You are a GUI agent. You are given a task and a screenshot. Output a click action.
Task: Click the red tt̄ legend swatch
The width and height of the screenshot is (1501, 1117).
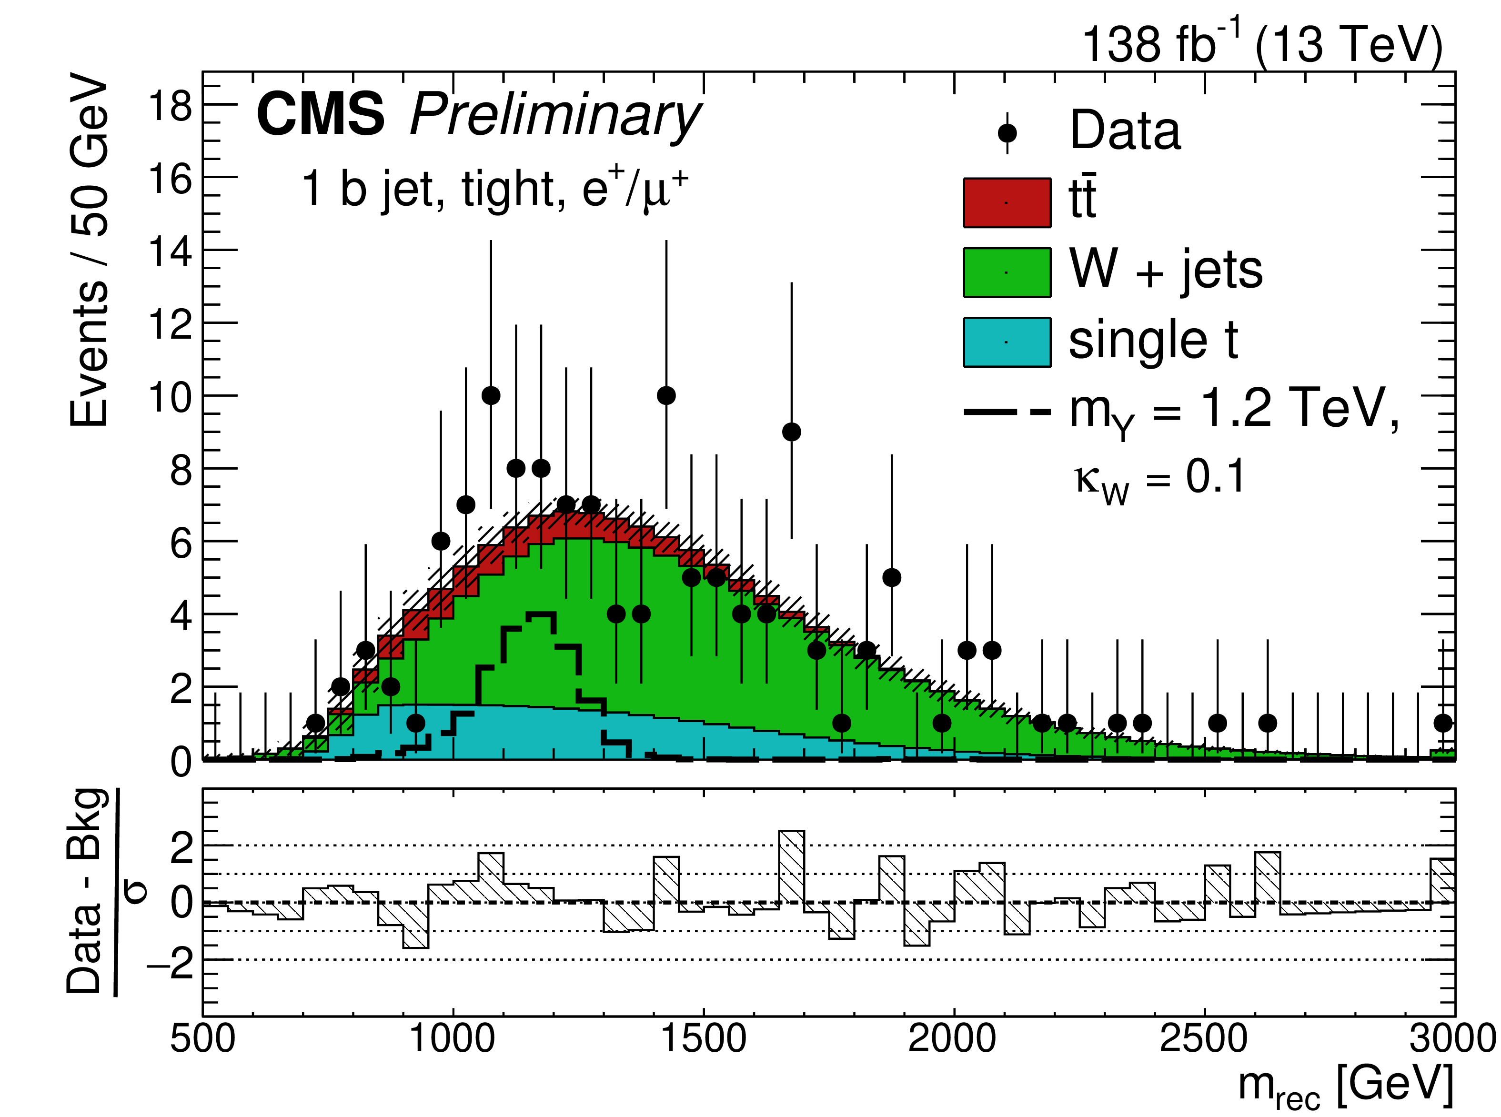(x=1007, y=203)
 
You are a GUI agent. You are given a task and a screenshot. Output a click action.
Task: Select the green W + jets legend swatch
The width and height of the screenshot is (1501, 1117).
(x=1007, y=272)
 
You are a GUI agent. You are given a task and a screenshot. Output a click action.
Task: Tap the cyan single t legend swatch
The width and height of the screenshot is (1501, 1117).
(x=1007, y=342)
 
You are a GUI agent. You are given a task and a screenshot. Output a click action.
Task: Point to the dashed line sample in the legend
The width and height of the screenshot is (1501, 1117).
(x=1007, y=411)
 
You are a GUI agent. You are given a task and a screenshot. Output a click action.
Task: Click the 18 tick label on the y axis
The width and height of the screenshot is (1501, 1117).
(x=171, y=106)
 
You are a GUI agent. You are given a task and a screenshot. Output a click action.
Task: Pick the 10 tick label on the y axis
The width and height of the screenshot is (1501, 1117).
(x=171, y=397)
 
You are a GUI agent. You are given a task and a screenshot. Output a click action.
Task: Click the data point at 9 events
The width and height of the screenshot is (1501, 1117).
(x=792, y=432)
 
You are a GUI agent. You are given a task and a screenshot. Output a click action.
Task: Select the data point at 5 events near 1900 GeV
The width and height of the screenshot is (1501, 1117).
(x=892, y=577)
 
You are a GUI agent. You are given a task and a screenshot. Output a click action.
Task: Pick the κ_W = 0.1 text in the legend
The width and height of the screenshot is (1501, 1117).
(x=1159, y=479)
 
